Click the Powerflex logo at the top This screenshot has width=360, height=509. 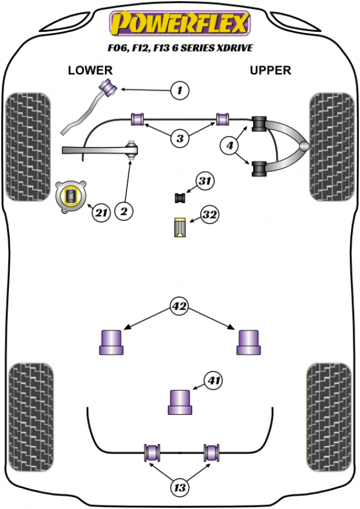(179, 24)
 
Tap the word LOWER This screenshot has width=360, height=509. (90, 71)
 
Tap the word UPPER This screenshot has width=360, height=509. (270, 71)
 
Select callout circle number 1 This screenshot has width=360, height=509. (179, 91)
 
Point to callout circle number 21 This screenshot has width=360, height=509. (101, 212)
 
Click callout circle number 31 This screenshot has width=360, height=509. (205, 181)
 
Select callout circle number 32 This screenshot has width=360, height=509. (209, 215)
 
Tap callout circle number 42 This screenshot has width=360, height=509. (179, 307)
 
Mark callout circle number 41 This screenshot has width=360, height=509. (213, 380)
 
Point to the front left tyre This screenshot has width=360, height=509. (28, 145)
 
